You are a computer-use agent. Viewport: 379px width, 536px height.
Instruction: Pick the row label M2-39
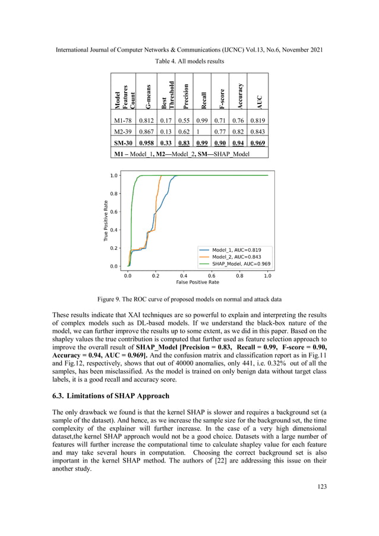(x=123, y=132)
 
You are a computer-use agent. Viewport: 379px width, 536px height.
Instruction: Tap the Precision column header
(x=186, y=95)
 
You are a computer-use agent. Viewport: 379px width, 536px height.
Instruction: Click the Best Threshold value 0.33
(x=168, y=143)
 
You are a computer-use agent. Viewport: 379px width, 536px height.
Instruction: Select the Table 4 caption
(x=189, y=62)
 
